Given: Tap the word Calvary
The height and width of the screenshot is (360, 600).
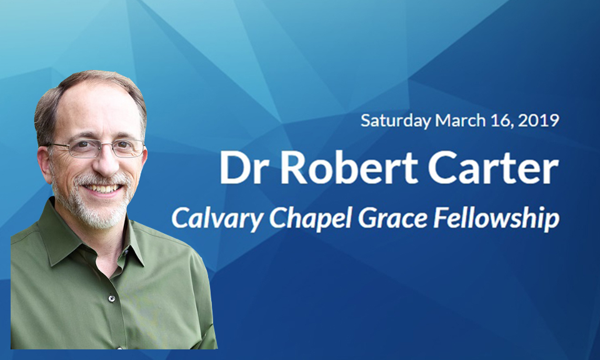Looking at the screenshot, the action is [x=217, y=219].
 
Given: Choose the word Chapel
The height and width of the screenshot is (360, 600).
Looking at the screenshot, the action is [x=310, y=219].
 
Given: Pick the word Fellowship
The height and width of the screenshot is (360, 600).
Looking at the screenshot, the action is [x=496, y=219].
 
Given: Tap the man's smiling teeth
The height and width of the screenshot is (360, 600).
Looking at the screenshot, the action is [x=102, y=188].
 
